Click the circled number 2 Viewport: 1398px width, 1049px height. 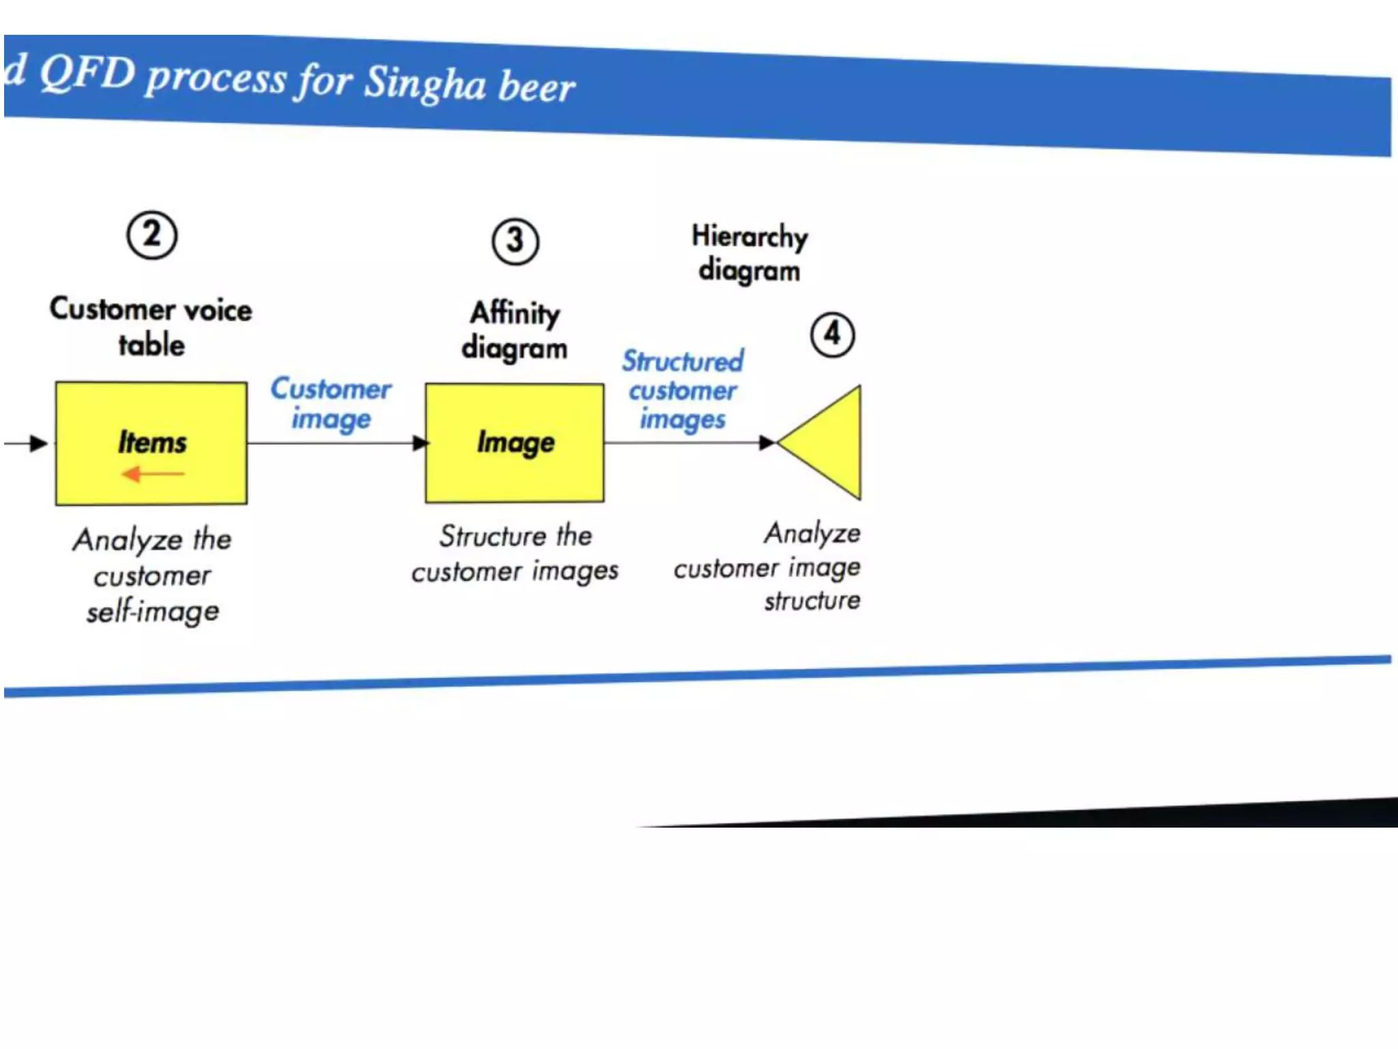click(152, 235)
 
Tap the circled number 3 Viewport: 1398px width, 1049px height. click(515, 241)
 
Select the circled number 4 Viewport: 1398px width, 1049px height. click(832, 335)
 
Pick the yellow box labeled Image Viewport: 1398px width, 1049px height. click(515, 443)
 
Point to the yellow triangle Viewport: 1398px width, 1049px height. click(829, 443)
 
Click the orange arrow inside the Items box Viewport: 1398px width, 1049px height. click(152, 473)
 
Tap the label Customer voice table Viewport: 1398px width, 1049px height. click(151, 327)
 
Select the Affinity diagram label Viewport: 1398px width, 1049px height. click(515, 331)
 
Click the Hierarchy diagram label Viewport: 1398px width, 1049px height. click(750, 253)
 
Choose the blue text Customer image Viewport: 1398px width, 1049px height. click(331, 404)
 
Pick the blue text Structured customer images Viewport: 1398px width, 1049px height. click(683, 390)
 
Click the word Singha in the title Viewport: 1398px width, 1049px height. click(425, 83)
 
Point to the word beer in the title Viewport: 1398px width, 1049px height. click(537, 87)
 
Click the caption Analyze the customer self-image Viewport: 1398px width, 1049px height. click(152, 575)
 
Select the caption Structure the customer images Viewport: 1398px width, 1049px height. click(515, 553)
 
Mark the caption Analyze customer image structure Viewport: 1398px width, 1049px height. click(768, 566)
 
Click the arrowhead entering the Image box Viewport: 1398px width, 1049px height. click(420, 443)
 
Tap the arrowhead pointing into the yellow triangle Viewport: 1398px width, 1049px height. click(767, 443)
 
